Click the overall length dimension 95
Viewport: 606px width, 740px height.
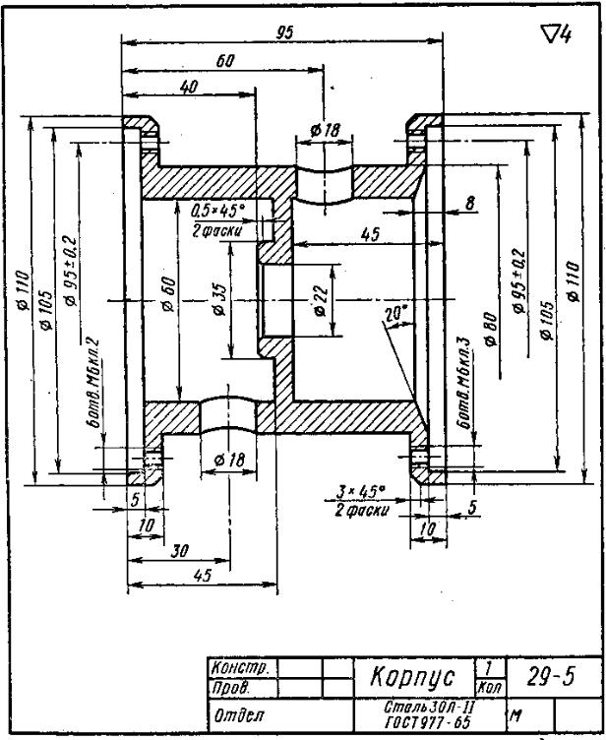pyautogui.click(x=284, y=32)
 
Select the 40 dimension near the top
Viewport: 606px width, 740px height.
pyautogui.click(x=190, y=88)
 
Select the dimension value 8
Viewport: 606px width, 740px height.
pyautogui.click(x=470, y=203)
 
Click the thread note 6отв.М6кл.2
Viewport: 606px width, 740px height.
pyautogui.click(x=95, y=379)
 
